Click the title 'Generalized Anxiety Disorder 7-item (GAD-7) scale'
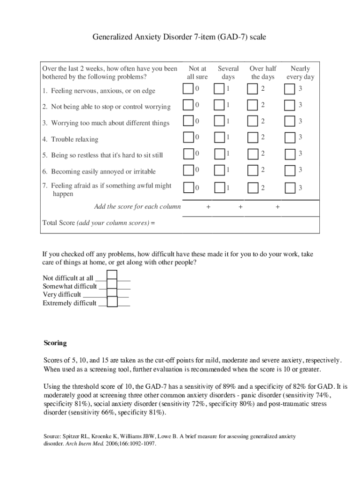[180, 36]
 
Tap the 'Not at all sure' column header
[197, 73]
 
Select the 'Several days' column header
[228, 73]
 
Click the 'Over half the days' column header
[263, 73]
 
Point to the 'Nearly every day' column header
[300, 73]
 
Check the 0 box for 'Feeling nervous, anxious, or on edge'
[188, 89]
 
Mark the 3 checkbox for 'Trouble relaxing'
[290, 138]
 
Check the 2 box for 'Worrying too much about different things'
[252, 121]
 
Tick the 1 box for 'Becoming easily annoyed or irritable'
[219, 170]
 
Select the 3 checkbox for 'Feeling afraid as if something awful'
[290, 188]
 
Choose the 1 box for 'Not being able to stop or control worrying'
[219, 105]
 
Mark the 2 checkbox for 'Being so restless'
[252, 153]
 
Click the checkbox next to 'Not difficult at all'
[112, 277]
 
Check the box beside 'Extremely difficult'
[112, 302]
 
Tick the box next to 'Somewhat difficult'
[112, 285]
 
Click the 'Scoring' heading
[55, 343]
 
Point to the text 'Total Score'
[58, 223]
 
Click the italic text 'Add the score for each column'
[137, 206]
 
